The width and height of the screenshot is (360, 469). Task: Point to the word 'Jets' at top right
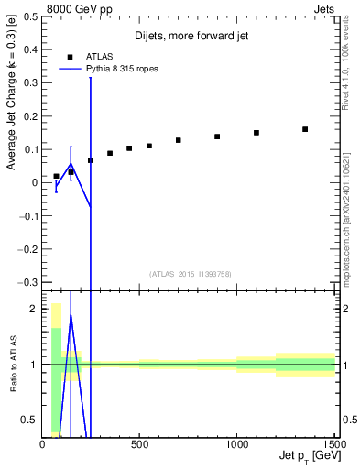tap(325, 7)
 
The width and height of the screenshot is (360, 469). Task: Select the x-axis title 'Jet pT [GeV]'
tap(305, 455)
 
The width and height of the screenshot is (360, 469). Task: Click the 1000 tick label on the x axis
tap(236, 444)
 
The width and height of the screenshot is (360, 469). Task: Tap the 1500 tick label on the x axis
tap(333, 444)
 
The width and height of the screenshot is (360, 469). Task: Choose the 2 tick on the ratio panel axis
tap(34, 309)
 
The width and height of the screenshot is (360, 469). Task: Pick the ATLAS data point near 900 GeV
tap(217, 136)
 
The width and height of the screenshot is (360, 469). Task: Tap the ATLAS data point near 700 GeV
tap(179, 140)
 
